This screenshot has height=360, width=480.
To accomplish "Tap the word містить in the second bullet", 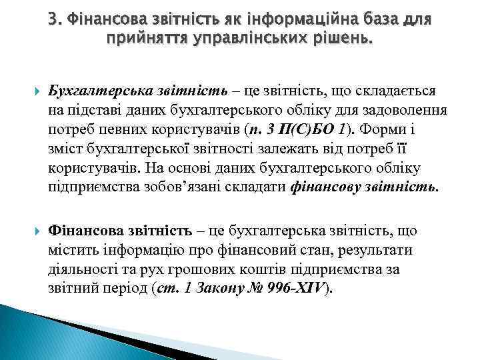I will (x=70, y=250).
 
